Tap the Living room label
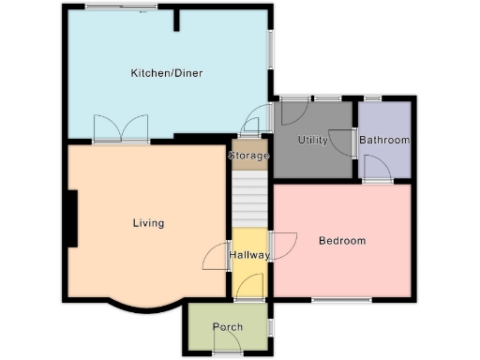[148, 223]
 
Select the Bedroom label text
[342, 241]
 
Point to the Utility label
[313, 140]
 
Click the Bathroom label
[384, 141]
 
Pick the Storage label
[248, 156]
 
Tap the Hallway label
[249, 255]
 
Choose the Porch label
[228, 327]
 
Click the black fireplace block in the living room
[71, 219]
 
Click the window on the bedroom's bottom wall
[334, 300]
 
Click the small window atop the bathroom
[372, 97]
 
